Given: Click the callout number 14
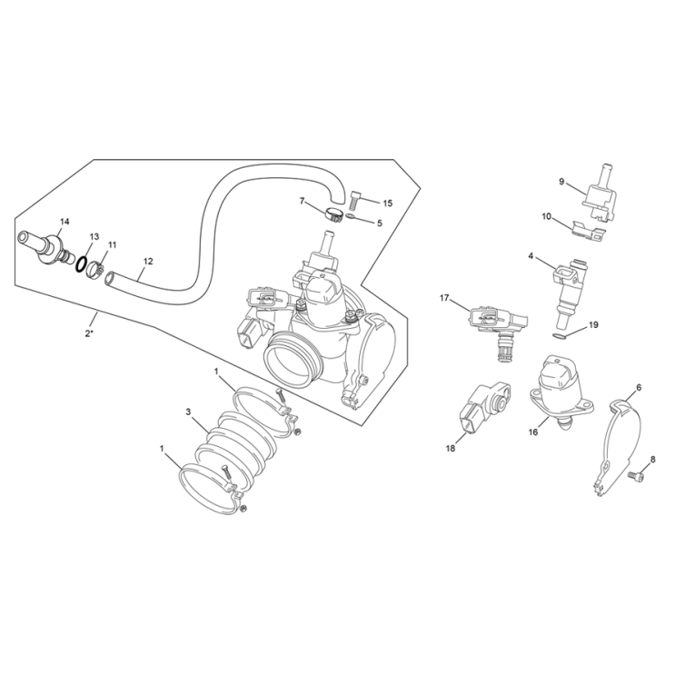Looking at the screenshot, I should click(64, 222).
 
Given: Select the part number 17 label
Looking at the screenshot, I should click(445, 298).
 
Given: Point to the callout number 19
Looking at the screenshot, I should click(592, 324).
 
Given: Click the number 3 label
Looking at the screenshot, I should click(188, 412).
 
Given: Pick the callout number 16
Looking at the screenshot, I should click(533, 432).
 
